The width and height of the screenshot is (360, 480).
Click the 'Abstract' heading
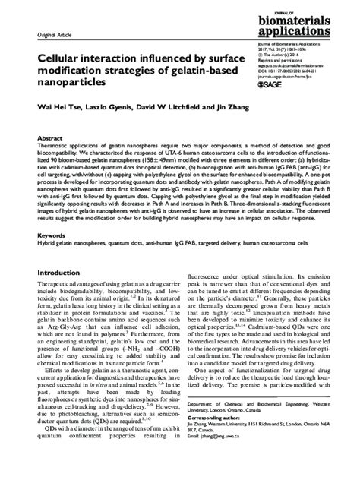(x=38, y=140)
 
